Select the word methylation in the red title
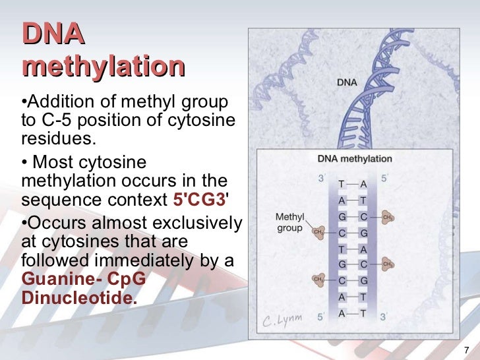(x=103, y=67)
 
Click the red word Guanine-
(x=56, y=279)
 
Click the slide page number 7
(x=466, y=349)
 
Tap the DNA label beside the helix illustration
(x=347, y=83)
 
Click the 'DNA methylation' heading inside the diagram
(x=354, y=159)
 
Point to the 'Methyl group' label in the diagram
(x=289, y=222)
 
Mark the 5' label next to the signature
(x=321, y=317)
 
